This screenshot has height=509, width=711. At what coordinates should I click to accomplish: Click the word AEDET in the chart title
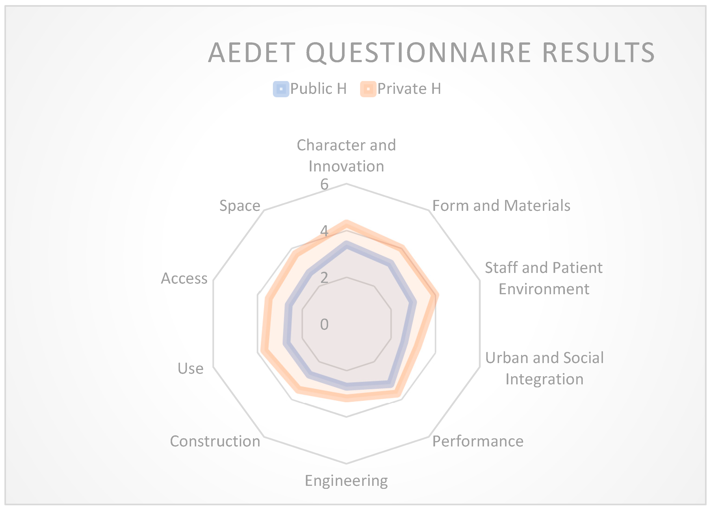coord(252,52)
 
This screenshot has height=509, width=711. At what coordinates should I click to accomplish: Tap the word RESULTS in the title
coord(598,52)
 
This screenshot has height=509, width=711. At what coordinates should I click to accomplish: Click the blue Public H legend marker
coord(281,89)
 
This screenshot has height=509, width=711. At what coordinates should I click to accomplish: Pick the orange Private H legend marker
coord(368,89)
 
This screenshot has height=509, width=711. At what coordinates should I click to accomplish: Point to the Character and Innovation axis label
coord(346,155)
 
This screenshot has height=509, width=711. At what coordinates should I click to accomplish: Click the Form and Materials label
coord(501,205)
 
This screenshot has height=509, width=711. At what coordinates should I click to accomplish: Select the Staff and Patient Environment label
coord(544,278)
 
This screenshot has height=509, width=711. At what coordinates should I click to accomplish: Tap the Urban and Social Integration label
coord(544,368)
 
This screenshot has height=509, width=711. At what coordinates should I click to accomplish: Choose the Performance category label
coord(478,441)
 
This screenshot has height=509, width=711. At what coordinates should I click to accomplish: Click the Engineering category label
coord(346,481)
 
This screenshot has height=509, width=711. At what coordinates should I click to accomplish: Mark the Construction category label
coord(215,441)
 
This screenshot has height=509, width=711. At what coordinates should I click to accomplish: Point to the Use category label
coord(191,368)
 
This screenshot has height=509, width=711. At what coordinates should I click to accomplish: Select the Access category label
coord(184,278)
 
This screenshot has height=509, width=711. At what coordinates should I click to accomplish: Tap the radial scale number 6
coord(324,184)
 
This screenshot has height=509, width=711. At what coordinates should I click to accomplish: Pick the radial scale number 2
coord(324,278)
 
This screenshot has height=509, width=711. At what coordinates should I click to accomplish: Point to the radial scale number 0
coord(324,324)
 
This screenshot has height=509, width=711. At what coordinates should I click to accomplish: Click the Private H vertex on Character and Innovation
coord(346,223)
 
